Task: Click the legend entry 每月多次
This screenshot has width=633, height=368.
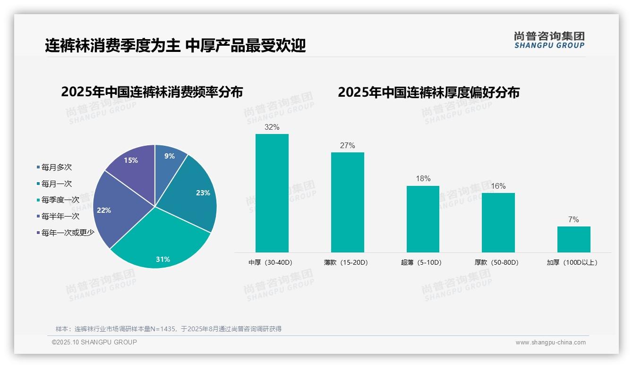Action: pos(56,167)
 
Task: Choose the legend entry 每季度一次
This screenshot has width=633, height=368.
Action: pos(60,200)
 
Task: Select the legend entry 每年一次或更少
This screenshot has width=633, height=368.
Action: pos(68,233)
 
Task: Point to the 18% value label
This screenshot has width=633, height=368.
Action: pos(423,179)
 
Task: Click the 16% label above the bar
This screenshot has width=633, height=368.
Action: pos(498,186)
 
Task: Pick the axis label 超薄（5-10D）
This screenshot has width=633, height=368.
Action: pos(421,263)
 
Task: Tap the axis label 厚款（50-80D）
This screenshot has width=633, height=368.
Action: pos(496,263)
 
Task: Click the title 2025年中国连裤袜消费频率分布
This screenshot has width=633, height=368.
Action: pos(152,92)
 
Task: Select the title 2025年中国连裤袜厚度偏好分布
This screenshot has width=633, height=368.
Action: pos(428,92)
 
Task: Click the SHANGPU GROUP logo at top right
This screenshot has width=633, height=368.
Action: pos(549,40)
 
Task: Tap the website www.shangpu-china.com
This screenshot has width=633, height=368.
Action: pos(550,343)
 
